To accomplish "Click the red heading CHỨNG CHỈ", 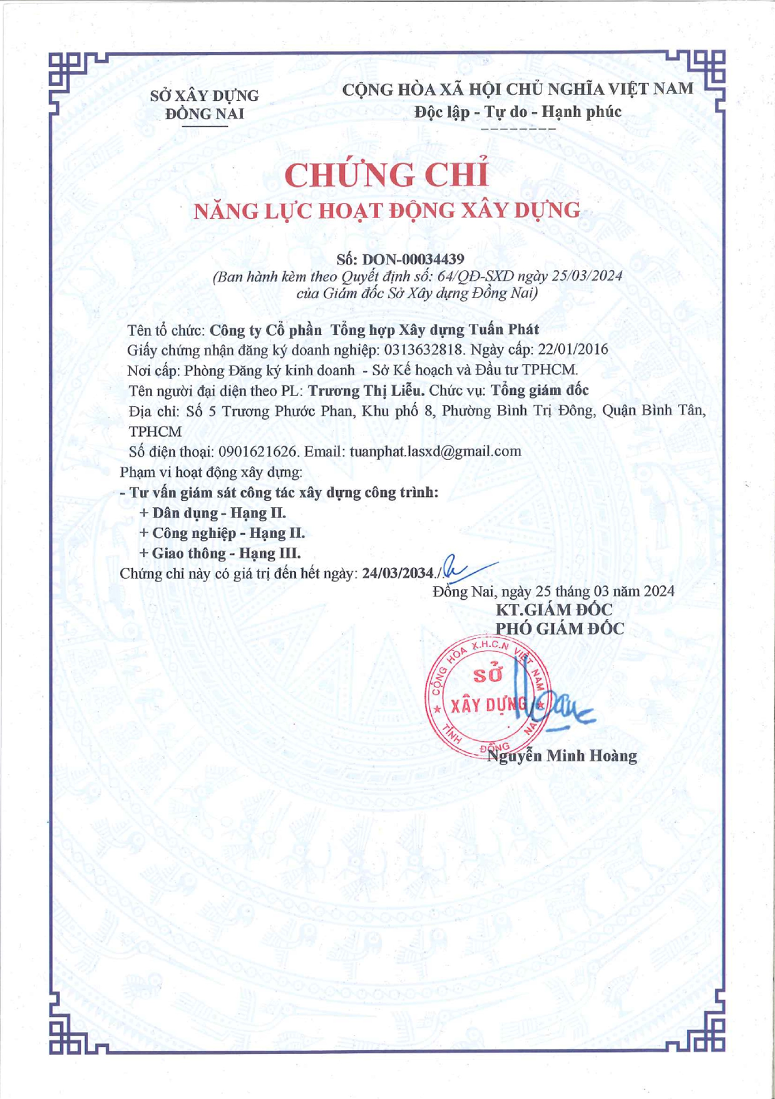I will (x=386, y=175).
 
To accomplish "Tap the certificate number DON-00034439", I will (x=413, y=259).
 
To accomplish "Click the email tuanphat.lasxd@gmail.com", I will (x=435, y=452).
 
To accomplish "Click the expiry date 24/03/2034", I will (x=398, y=573).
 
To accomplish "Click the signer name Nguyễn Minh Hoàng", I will (x=562, y=756).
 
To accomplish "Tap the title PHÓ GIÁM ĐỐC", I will (x=560, y=628).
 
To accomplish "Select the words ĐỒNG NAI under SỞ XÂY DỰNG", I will (x=205, y=114).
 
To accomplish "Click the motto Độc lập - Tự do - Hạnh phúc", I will (x=518, y=112).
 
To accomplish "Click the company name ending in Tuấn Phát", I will (x=374, y=330).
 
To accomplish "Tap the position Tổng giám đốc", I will (x=540, y=390).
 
